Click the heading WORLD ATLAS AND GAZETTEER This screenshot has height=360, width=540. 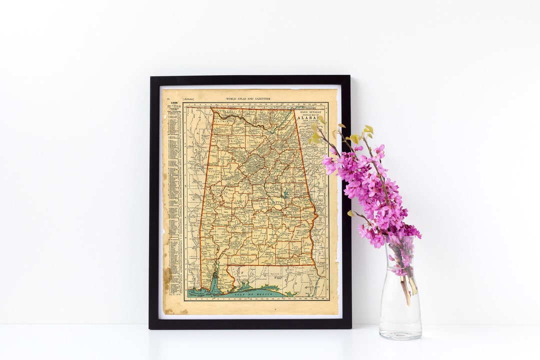248,99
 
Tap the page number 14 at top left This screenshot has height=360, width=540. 168,99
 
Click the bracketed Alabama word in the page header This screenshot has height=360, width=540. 189,99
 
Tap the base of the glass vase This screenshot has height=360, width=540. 400,334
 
